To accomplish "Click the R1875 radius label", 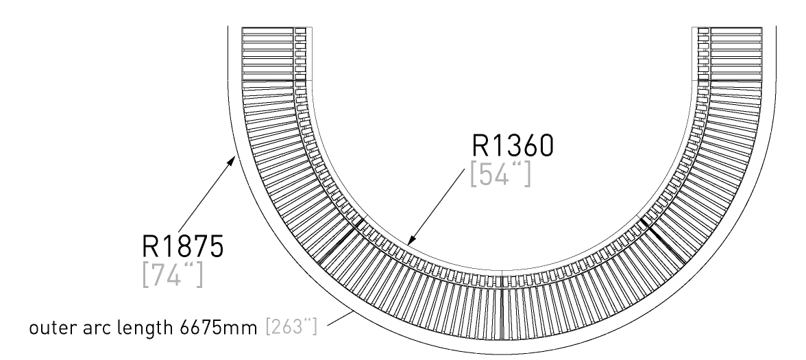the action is click(x=182, y=246).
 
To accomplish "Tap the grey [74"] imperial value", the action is click(x=172, y=275).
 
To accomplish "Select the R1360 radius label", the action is click(x=513, y=146).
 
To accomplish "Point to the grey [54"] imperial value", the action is click(x=500, y=174).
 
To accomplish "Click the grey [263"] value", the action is click(x=291, y=327).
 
